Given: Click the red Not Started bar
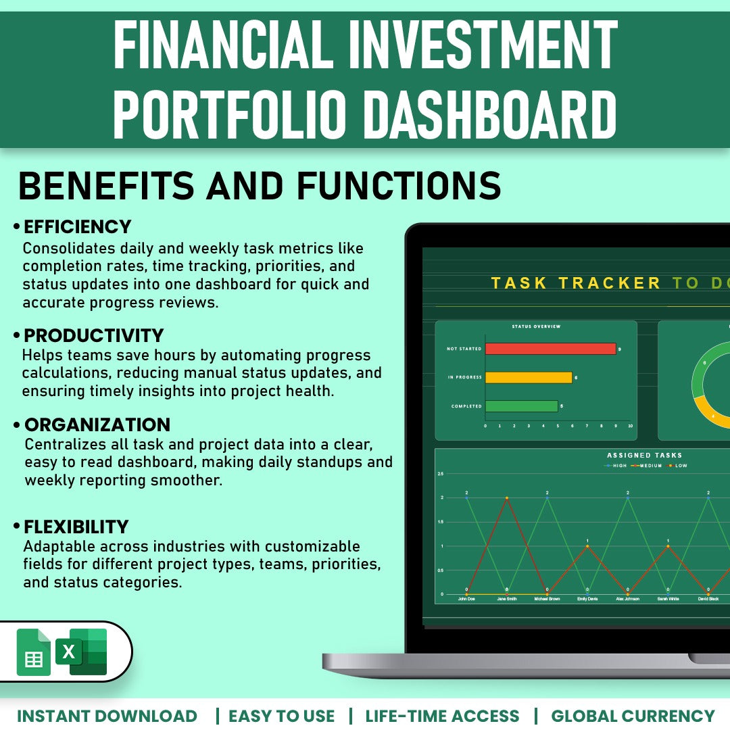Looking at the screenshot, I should click(x=550, y=349).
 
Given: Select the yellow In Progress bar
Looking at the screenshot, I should click(x=529, y=377).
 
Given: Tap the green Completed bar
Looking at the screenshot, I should click(x=521, y=406).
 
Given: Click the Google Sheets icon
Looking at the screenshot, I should click(x=33, y=652).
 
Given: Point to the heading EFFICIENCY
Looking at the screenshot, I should click(x=77, y=226).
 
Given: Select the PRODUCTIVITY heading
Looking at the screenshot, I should click(x=94, y=335).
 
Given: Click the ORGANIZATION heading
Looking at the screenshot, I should click(x=97, y=425).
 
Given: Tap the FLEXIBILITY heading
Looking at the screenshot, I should click(x=76, y=527).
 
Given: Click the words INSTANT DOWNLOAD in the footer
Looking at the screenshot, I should click(x=107, y=716).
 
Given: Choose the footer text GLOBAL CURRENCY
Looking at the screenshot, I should click(x=633, y=716).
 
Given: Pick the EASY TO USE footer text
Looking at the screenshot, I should click(x=281, y=716).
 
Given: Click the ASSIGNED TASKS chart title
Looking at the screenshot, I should click(x=644, y=455).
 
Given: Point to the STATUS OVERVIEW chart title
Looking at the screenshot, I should click(x=536, y=326).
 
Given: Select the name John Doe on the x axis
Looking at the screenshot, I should click(x=466, y=599).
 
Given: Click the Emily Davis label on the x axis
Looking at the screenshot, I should click(x=587, y=599).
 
